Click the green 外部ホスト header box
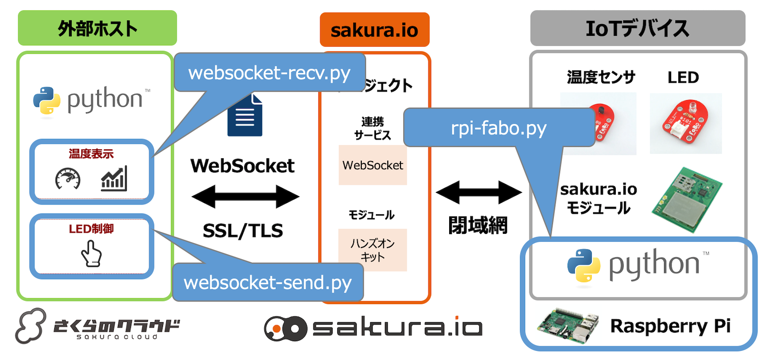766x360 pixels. (x=97, y=28)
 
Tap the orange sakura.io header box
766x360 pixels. (x=374, y=30)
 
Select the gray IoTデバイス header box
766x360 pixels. (x=637, y=28)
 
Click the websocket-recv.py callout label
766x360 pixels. (x=269, y=73)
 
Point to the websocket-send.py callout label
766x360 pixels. (x=268, y=283)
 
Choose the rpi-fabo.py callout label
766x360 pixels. (x=499, y=128)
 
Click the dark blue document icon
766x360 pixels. (x=245, y=115)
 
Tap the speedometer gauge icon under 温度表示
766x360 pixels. (x=68, y=179)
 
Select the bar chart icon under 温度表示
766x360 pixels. (x=114, y=178)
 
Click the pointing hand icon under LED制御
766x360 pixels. (x=91, y=254)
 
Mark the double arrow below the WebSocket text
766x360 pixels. (x=245, y=197)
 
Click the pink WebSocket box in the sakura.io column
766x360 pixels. (x=373, y=165)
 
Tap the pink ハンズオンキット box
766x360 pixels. (x=373, y=250)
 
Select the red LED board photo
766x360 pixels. (x=686, y=123)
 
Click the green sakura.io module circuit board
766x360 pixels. (x=687, y=199)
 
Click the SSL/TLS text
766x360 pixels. (x=243, y=231)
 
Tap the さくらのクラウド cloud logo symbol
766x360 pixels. (x=31, y=326)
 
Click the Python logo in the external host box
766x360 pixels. (x=47, y=100)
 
